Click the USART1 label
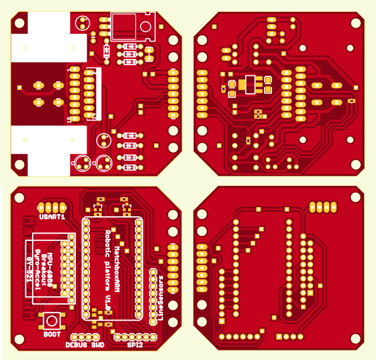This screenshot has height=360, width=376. (52, 216)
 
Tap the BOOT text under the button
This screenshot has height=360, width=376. (52, 334)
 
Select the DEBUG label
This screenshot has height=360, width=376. (76, 345)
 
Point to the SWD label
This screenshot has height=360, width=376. (98, 345)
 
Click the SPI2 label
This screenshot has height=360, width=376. (135, 345)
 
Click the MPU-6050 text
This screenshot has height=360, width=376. (51, 270)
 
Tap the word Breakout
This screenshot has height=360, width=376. (44, 270)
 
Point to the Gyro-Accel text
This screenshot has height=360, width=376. (37, 270)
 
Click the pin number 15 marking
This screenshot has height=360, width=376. (69, 119)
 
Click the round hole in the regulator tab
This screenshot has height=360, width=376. (145, 26)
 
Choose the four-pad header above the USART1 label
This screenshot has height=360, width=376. (52, 206)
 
